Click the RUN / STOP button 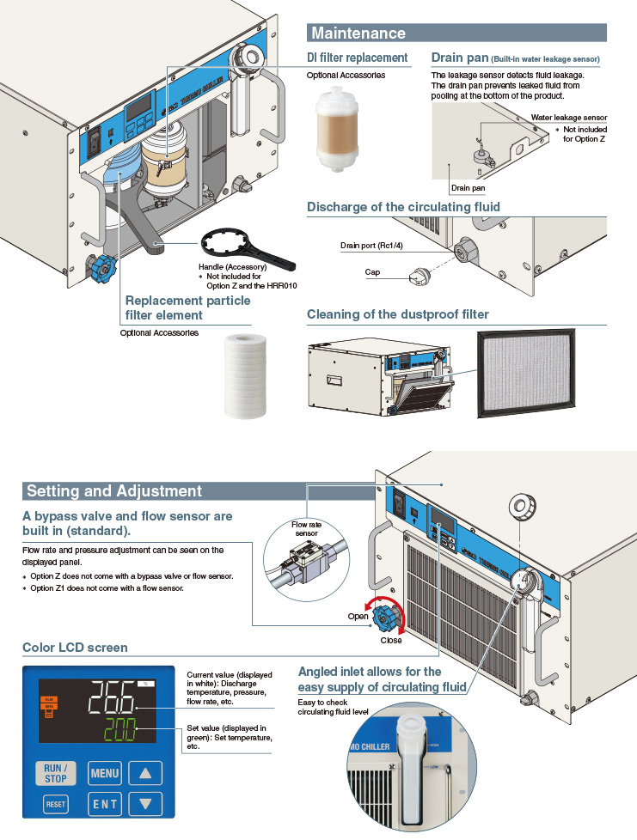click(x=55, y=772)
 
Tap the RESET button click(x=55, y=805)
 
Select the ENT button click(x=105, y=805)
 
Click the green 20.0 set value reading click(x=126, y=732)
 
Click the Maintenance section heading click(x=358, y=33)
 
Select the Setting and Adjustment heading click(x=114, y=491)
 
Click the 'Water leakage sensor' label click(x=568, y=117)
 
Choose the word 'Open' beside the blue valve click(x=358, y=617)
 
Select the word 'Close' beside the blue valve click(x=390, y=640)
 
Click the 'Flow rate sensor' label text click(x=306, y=529)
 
